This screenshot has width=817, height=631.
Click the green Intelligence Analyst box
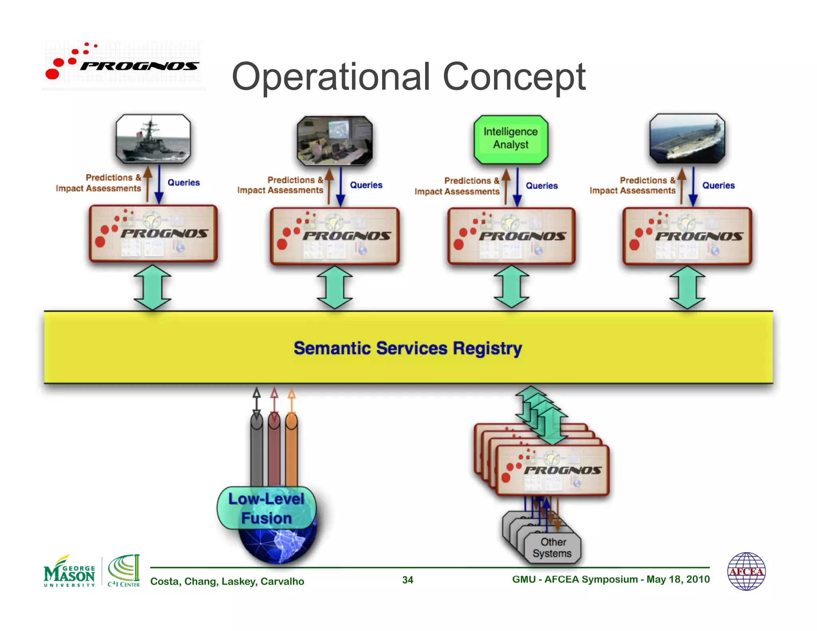tap(511, 139)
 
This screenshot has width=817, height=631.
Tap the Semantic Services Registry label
tap(408, 348)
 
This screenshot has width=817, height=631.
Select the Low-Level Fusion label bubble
tap(266, 508)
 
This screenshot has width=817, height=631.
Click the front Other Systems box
tap(553, 548)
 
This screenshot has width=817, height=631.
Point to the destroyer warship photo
tap(153, 139)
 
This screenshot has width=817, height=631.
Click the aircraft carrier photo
tap(687, 138)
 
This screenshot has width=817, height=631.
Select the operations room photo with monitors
tap(335, 141)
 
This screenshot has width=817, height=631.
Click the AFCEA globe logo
tap(746, 571)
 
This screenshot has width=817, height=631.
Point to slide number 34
tap(408, 580)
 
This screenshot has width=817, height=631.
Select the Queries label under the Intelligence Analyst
tap(541, 185)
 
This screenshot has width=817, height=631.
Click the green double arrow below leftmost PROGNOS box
tap(152, 287)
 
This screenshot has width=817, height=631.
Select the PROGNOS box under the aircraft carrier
tap(687, 236)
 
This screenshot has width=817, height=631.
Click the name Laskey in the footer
tap(239, 581)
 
